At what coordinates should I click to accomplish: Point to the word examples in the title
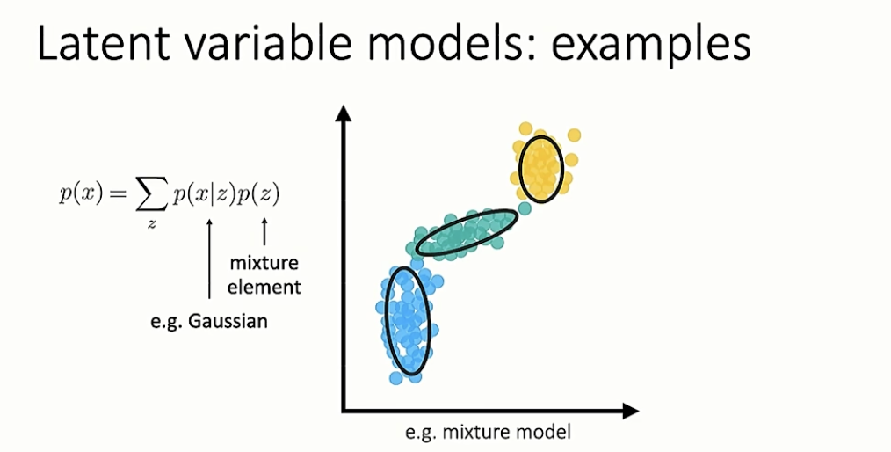pyautogui.click(x=651, y=45)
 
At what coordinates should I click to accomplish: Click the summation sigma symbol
pyautogui.click(x=152, y=196)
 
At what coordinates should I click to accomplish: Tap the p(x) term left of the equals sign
pyautogui.click(x=81, y=195)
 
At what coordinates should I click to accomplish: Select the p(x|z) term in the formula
pyautogui.click(x=205, y=195)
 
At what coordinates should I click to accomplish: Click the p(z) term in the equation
pyautogui.click(x=258, y=195)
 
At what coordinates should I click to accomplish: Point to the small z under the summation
pyautogui.click(x=152, y=223)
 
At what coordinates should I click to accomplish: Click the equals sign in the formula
pyautogui.click(x=120, y=195)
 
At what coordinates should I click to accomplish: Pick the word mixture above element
pyautogui.click(x=264, y=263)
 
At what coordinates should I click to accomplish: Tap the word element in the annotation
pyautogui.click(x=264, y=286)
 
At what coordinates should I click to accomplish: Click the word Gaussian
pyautogui.click(x=228, y=321)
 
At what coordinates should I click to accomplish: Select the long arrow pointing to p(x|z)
pyautogui.click(x=209, y=259)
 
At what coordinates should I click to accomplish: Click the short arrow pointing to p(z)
pyautogui.click(x=264, y=232)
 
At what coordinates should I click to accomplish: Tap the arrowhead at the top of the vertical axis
pyautogui.click(x=344, y=113)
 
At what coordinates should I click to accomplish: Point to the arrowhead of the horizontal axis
pyautogui.click(x=631, y=411)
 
